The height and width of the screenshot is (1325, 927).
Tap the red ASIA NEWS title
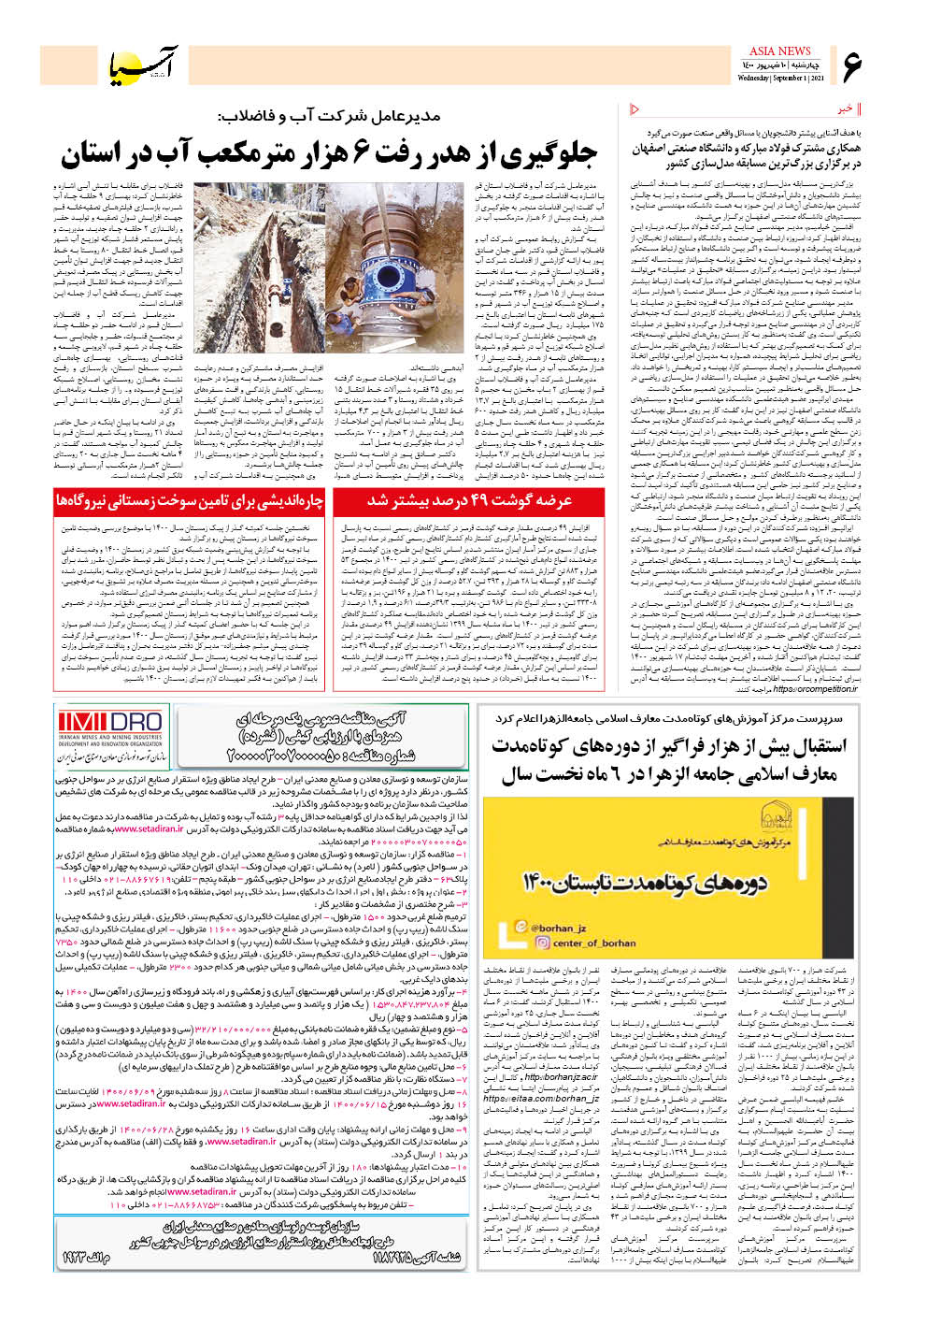(x=779, y=50)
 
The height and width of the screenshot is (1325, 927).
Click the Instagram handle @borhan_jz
(x=558, y=928)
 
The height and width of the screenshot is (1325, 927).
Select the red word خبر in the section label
(x=844, y=109)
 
